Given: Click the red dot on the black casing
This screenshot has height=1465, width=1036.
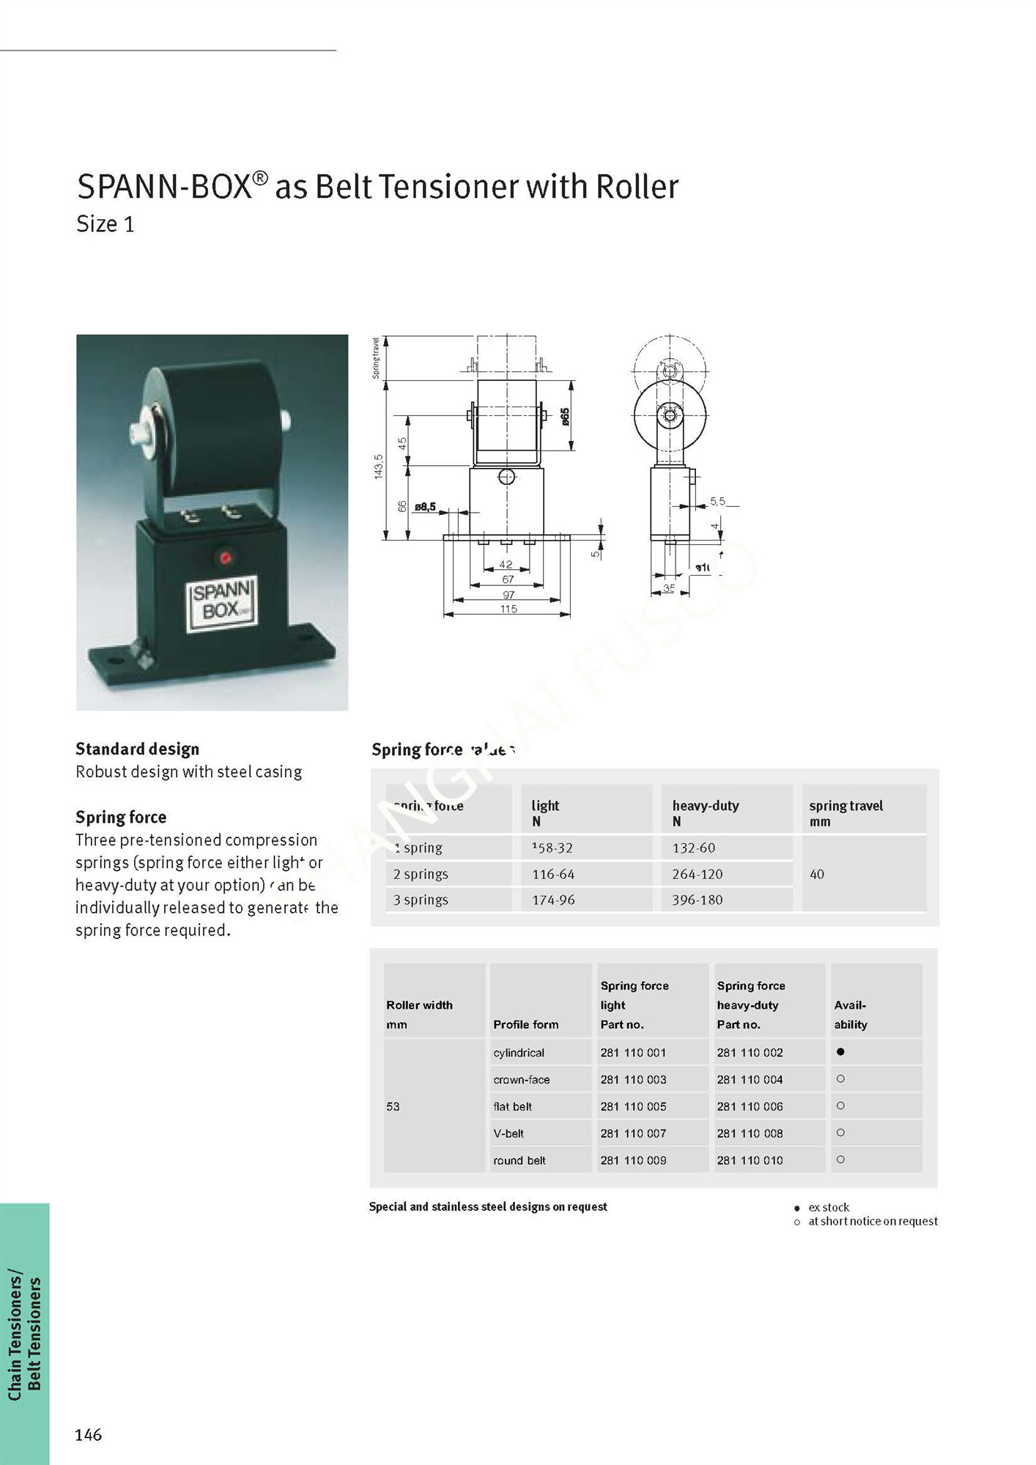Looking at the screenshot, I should click(226, 558).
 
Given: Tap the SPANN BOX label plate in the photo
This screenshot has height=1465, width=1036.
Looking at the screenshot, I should click(222, 602).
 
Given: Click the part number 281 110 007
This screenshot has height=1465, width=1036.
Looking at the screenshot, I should click(633, 1133).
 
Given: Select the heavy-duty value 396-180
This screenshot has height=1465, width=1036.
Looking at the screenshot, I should click(697, 900).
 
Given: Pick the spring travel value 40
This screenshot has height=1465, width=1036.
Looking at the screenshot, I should click(817, 874).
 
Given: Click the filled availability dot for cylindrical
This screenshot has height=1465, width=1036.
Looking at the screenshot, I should click(840, 1052).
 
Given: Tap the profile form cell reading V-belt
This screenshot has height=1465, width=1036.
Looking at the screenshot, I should click(508, 1133).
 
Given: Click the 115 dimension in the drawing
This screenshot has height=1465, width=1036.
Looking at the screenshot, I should click(508, 609).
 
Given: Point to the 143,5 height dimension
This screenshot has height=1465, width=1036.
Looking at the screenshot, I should click(379, 467).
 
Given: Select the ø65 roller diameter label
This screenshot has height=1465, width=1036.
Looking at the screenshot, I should click(565, 417).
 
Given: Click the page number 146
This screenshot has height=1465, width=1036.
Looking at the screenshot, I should click(88, 1435).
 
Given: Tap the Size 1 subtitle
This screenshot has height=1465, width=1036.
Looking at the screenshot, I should click(106, 224).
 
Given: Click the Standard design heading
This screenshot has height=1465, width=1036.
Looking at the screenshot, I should click(137, 749).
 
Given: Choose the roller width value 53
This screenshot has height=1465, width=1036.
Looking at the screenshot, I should click(393, 1106).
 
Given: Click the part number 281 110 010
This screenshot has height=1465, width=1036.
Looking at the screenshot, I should click(750, 1160).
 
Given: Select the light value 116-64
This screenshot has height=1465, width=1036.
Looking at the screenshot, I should click(553, 874).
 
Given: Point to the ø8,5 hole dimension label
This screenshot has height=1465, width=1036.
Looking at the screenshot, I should click(425, 506).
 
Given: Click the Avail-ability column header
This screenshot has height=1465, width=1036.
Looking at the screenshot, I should click(850, 1015).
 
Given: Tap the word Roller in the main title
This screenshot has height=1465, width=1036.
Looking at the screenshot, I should click(637, 187).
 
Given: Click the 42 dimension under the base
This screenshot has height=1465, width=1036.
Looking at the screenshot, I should click(506, 565).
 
